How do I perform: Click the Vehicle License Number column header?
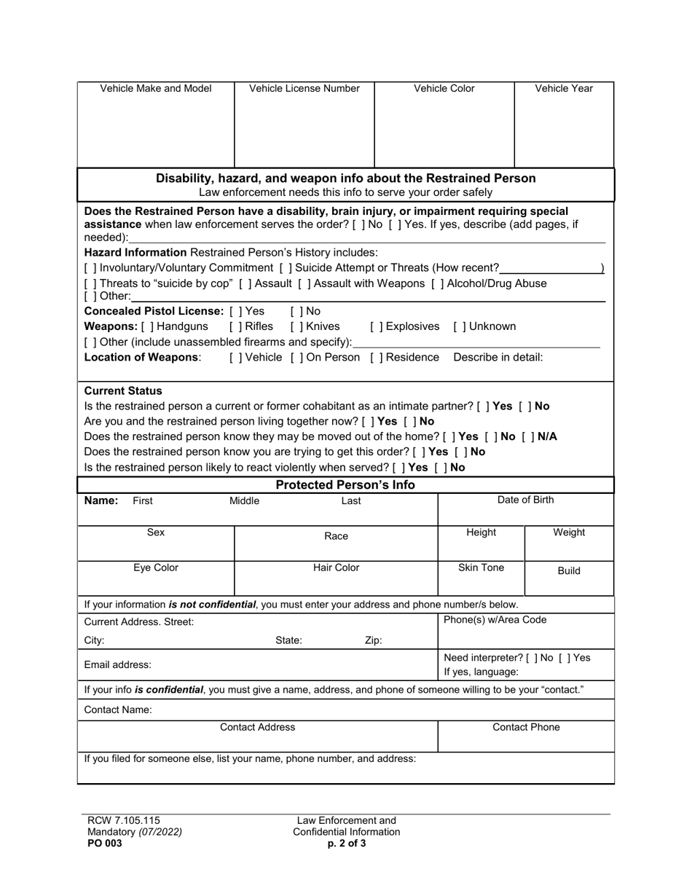(x=304, y=89)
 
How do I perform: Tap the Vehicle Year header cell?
(x=564, y=89)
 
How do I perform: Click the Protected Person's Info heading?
(x=346, y=485)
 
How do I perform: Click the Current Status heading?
(x=124, y=390)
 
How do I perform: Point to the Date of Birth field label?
(x=525, y=500)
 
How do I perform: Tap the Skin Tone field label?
(x=481, y=567)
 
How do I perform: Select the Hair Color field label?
(x=336, y=567)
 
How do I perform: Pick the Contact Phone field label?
(x=526, y=727)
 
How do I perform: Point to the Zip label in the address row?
(x=373, y=641)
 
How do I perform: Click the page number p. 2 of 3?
(x=347, y=844)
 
